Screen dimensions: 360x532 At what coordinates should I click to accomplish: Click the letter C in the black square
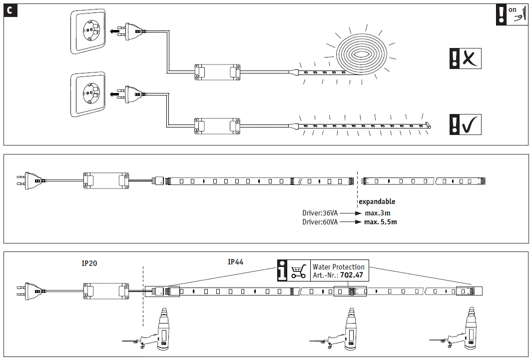(x=10, y=10)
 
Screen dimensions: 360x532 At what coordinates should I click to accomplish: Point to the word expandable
(x=377, y=201)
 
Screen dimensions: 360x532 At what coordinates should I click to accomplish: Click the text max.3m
(x=378, y=213)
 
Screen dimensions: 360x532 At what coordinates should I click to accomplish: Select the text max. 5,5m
(x=381, y=221)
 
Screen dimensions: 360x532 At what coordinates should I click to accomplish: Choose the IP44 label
(x=235, y=261)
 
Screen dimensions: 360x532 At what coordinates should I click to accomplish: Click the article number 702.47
(x=352, y=275)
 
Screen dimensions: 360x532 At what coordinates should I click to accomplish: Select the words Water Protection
(x=338, y=267)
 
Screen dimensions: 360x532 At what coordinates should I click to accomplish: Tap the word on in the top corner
(x=512, y=9)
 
